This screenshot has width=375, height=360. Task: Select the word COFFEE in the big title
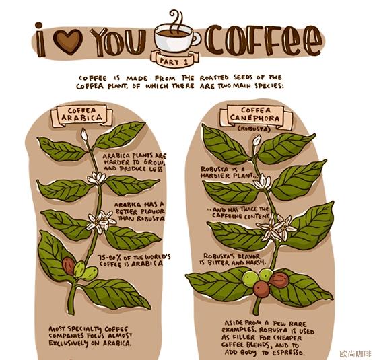coord(263,40)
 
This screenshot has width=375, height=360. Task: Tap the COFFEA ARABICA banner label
coord(81,115)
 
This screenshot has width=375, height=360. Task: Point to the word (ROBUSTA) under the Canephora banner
coord(254,129)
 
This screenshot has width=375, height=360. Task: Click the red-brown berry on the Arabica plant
coord(69,266)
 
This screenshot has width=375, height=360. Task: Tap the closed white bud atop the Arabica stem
coord(83,134)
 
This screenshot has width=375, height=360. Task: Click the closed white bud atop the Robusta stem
coord(257,141)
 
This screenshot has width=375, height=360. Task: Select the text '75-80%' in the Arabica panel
coord(108,258)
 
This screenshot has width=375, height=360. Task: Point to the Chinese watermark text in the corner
coord(355,353)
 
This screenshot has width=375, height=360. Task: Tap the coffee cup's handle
coord(197,38)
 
